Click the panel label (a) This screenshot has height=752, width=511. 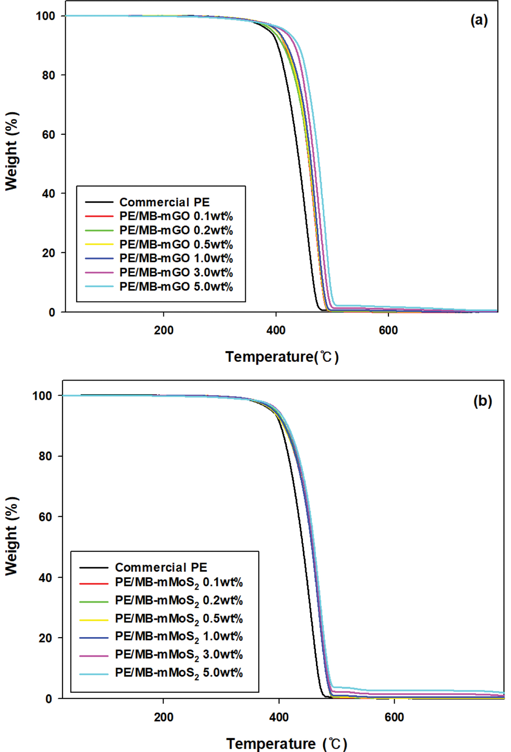click(x=479, y=20)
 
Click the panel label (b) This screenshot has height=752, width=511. click(x=483, y=401)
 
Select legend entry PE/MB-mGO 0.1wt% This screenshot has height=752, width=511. click(x=176, y=216)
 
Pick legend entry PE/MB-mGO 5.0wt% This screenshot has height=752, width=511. click(x=176, y=287)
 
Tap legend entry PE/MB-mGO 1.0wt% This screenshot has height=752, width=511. click(x=176, y=258)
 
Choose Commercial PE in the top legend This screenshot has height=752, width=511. click(x=164, y=202)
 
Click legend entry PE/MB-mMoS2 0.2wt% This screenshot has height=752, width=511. click(x=178, y=601)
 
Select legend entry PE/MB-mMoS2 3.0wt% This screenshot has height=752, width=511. click(x=178, y=655)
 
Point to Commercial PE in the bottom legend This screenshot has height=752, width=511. click(x=161, y=567)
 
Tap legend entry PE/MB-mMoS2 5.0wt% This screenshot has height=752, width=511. click(x=178, y=673)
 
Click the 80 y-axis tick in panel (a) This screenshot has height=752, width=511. click(x=48, y=75)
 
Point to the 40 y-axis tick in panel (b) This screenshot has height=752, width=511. click(x=45, y=577)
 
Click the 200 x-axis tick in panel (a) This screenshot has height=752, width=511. click(x=163, y=331)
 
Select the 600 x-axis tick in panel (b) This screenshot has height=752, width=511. click(x=394, y=717)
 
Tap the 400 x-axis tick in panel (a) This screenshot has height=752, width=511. click(x=276, y=331)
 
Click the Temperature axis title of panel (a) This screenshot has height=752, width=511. click(x=282, y=357)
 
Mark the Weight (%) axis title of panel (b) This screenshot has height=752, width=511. click(x=12, y=536)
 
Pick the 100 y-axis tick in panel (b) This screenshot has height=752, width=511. click(x=42, y=395)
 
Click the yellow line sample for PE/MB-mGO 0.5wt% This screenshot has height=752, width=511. click(x=99, y=244)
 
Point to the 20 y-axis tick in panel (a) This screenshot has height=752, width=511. click(x=48, y=253)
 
